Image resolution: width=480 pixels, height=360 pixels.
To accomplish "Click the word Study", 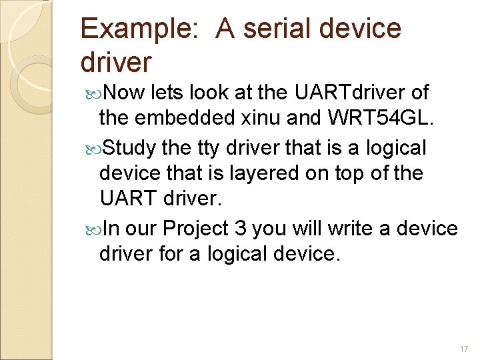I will pos(129,146).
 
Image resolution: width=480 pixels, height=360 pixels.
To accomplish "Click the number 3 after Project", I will pos(241,228).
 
